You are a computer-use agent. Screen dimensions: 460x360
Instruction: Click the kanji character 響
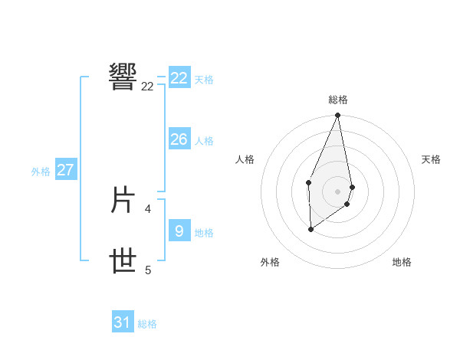tap(123, 76)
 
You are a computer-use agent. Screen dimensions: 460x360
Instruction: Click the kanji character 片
tap(123, 201)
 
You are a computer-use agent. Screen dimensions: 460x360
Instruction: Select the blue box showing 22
tap(179, 78)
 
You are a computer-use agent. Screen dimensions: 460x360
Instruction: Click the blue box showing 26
tap(179, 139)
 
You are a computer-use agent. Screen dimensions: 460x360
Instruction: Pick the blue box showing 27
tap(65, 170)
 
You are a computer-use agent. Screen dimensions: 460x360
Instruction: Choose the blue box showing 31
tap(123, 322)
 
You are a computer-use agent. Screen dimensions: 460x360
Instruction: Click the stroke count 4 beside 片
tap(148, 208)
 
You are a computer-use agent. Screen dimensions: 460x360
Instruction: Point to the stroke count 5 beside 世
tap(148, 270)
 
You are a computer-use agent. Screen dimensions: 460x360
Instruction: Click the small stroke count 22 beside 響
tap(147, 87)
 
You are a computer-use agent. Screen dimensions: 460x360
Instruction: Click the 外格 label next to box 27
tap(41, 172)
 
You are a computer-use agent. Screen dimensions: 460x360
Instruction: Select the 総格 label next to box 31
tap(147, 324)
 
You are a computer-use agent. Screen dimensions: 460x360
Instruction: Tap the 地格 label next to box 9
tap(204, 232)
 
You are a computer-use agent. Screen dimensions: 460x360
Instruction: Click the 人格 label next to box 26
tap(204, 141)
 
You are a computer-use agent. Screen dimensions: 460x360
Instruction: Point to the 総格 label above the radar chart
tap(338, 100)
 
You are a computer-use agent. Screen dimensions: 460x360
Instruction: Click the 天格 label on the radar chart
tap(431, 159)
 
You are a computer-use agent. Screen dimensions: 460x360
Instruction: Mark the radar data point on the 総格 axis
tap(338, 116)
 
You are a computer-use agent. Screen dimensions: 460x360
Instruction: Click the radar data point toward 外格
tap(310, 229)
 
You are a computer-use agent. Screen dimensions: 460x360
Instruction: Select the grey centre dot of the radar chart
tap(338, 191)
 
